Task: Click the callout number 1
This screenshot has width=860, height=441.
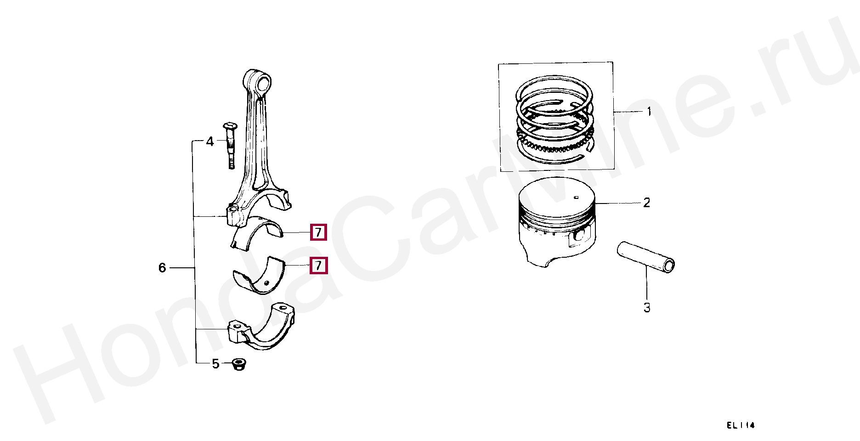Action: [x=649, y=112]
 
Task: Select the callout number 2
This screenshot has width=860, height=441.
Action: [x=646, y=203]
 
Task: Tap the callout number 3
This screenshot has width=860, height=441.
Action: [x=647, y=308]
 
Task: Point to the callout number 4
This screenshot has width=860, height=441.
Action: [x=210, y=141]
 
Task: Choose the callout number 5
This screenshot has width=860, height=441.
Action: [x=215, y=364]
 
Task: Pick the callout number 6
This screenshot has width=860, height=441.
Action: [x=162, y=267]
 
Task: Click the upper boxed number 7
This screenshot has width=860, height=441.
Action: [x=318, y=232]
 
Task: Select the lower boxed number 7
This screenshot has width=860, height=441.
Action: [x=318, y=266]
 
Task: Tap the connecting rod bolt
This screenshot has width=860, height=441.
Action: [x=230, y=145]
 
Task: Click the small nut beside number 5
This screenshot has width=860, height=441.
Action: [x=238, y=365]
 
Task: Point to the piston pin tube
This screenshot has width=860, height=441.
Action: [x=646, y=258]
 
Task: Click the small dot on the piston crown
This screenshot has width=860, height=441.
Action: [x=576, y=198]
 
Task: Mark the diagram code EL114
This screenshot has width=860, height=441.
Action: [x=741, y=425]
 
